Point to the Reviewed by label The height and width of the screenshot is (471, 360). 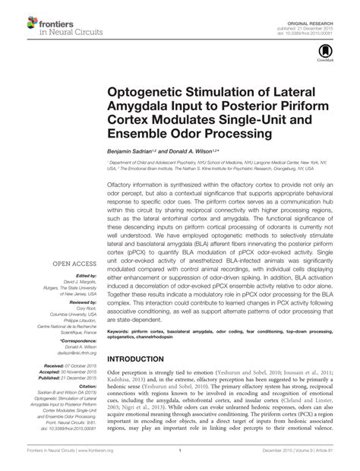pyautogui.click(x=77, y=305)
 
